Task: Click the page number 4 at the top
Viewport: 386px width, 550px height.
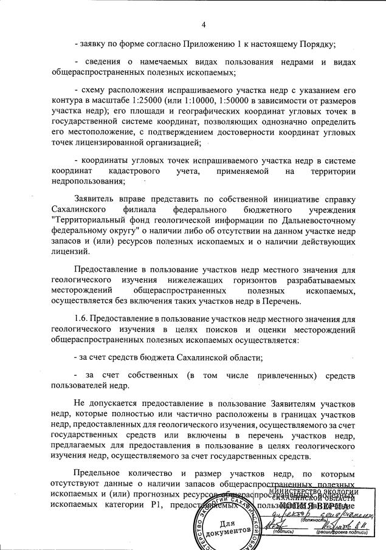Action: click(204, 24)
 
